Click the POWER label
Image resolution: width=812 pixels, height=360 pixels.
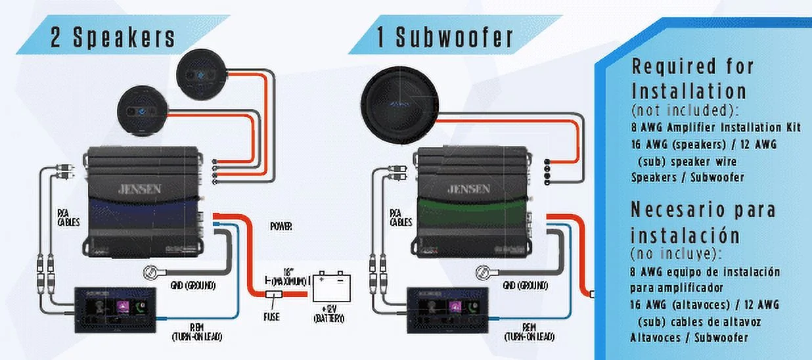(x=281, y=226)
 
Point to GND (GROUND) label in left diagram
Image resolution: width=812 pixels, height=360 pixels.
(x=192, y=286)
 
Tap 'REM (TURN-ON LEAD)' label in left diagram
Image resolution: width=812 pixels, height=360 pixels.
(x=196, y=332)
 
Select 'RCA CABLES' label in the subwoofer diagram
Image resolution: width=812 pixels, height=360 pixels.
(x=401, y=217)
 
